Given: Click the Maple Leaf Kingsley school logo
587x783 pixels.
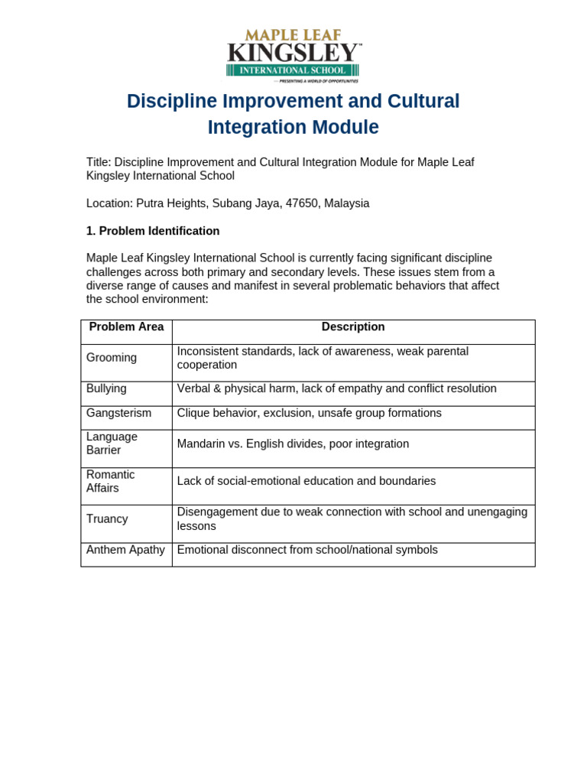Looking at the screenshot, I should coord(293,55).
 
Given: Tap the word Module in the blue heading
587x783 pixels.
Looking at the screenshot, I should coord(345,127).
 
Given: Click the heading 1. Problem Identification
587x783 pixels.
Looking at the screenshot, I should coord(153,231).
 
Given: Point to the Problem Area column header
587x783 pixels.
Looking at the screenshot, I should coord(126,327).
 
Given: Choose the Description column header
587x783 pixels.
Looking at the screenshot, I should coord(353,327).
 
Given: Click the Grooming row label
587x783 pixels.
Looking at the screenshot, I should coord(112,358).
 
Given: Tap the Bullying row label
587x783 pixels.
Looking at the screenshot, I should coord(106,388).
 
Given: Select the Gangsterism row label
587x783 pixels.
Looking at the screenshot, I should coord(118,413).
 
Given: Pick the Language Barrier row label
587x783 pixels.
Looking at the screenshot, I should coord(112,443).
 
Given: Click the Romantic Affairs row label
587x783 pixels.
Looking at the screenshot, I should coord(110,482).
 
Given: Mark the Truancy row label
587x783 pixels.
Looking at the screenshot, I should coord(107,519).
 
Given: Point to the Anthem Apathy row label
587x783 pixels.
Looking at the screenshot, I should coord(125,550).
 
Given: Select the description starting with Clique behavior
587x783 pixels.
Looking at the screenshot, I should coord(309,414).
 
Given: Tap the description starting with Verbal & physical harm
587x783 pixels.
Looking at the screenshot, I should coord(336,389).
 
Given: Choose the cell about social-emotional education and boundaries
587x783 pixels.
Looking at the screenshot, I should coord(306,482).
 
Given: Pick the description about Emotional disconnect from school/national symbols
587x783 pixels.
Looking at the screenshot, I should coord(307,550).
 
